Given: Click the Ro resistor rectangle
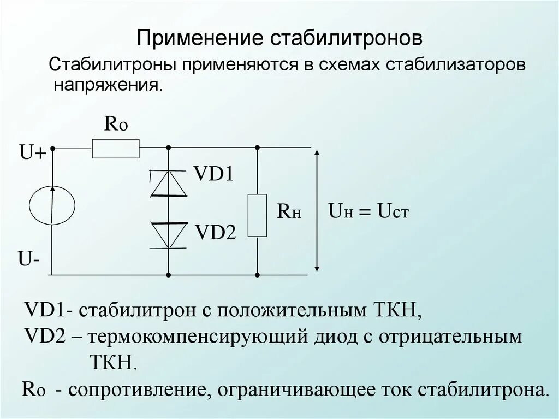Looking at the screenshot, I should (x=116, y=148).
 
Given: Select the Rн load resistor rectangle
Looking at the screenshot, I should (x=257, y=215).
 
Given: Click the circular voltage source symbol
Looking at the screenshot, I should (x=52, y=205).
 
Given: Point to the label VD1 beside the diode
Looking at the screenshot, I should (x=213, y=175).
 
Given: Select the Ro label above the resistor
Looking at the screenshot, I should (x=116, y=125).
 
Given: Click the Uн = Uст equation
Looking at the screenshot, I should (x=368, y=211).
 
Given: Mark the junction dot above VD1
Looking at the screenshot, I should (x=168, y=147).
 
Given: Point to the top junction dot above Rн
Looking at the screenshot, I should (x=257, y=147).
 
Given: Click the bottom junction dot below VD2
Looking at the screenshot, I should (x=168, y=274).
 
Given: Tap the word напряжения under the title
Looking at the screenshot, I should (x=108, y=86).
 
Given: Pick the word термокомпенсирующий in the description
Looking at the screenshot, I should (x=199, y=337).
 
